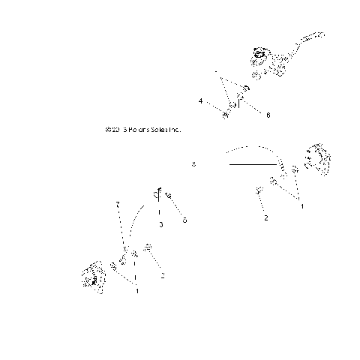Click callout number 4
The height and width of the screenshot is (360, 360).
coord(200,100)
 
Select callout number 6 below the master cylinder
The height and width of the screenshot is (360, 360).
coord(268,115)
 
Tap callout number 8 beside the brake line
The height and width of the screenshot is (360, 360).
coord(193,163)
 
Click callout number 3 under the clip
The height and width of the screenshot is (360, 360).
coord(160,224)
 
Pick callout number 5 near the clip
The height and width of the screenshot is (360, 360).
coord(184,220)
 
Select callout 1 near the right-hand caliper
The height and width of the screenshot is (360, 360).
coord(302,203)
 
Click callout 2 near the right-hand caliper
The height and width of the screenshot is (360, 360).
coord(265,218)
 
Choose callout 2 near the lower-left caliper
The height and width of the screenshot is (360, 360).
coord(162,274)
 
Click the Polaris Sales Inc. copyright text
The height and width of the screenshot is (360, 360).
coord(144,129)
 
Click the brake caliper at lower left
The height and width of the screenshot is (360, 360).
coord(94,278)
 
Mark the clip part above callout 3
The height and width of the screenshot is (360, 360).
coord(159,196)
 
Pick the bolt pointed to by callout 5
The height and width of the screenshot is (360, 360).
coord(169,196)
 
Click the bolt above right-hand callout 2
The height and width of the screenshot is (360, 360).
coord(259,190)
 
